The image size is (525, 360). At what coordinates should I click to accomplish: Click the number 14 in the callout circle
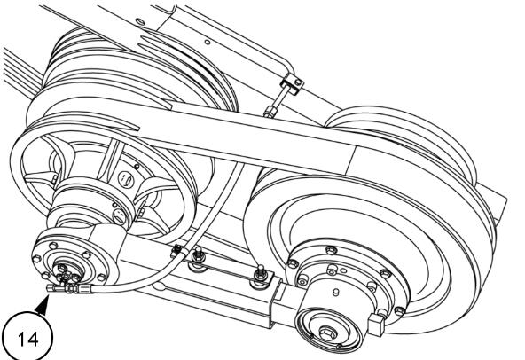pyautogui.click(x=28, y=339)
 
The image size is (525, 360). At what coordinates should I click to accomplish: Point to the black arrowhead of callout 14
pyautogui.click(x=43, y=307)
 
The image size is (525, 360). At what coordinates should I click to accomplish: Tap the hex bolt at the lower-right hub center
pyautogui.click(x=326, y=333)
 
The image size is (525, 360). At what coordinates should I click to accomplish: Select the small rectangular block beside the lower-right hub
pyautogui.click(x=375, y=325)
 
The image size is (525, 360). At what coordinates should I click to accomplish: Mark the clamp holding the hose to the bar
pyautogui.click(x=177, y=251)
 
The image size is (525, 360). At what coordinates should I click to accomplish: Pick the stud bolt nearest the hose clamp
pyautogui.click(x=198, y=256)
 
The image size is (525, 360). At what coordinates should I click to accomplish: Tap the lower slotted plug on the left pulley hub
pyautogui.click(x=119, y=216)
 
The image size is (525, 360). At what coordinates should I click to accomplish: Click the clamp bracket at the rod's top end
pyautogui.click(x=292, y=83)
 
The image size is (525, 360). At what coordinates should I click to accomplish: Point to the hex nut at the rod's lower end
pyautogui.click(x=269, y=111)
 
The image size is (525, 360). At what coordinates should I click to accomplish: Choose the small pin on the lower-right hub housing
pyautogui.click(x=335, y=293)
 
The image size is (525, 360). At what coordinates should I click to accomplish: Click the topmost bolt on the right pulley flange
pyautogui.click(x=331, y=250)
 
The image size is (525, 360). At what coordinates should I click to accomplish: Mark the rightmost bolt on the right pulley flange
pyautogui.click(x=399, y=311)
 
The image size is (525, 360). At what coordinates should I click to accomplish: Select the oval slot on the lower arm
pyautogui.click(x=160, y=287)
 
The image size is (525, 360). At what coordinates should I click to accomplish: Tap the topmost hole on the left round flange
pyautogui.click(x=53, y=246)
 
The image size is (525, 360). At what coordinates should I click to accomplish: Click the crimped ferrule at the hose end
pyautogui.click(x=85, y=288)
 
